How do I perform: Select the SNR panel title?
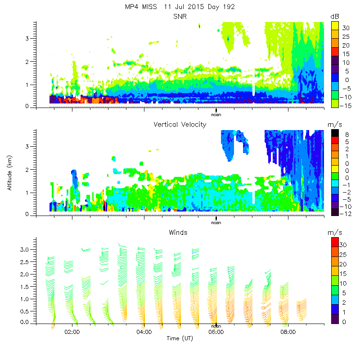click(180, 17)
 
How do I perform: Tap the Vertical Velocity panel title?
click(180, 125)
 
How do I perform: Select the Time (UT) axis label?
click(180, 338)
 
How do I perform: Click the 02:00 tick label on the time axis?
click(72, 333)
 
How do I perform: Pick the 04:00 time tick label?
click(144, 333)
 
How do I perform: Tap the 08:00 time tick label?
click(288, 333)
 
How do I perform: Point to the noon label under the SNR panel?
click(216, 114)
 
